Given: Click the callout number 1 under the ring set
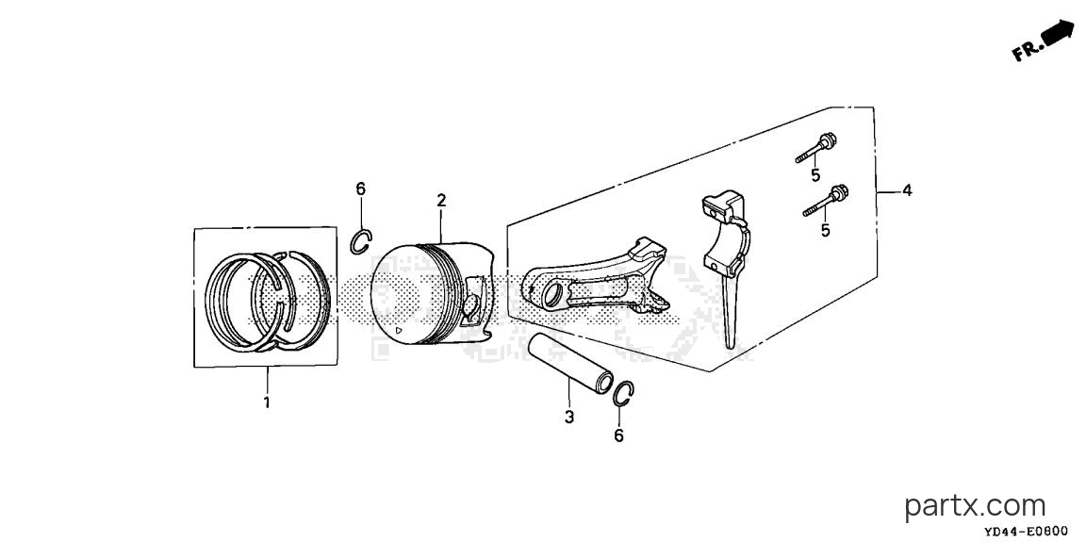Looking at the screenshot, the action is [267, 402].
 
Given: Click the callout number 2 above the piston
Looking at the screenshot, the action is [441, 201].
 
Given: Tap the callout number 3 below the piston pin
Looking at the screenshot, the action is [568, 417].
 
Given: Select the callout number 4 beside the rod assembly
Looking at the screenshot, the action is [907, 190].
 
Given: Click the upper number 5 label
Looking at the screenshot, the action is [815, 174].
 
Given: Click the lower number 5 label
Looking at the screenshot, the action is [825, 230].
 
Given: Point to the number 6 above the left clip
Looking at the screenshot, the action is [360, 189].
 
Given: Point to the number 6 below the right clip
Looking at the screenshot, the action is [618, 435].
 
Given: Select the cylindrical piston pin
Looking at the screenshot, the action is [570, 363].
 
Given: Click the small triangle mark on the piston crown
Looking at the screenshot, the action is [398, 332].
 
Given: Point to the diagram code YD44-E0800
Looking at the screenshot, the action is [1027, 532].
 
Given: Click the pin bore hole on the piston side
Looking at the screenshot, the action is [470, 304].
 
